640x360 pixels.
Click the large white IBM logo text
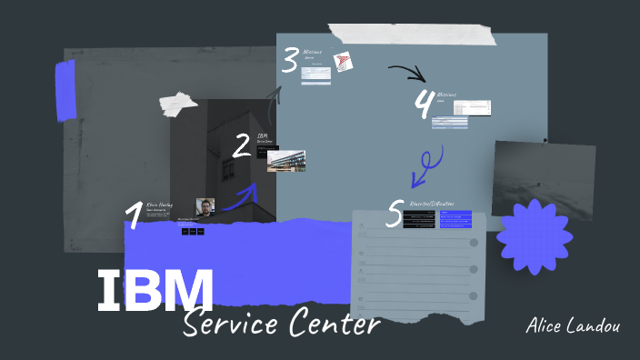tap(155, 290)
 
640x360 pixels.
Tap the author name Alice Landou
tap(574, 325)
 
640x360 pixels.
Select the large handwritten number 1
tap(134, 216)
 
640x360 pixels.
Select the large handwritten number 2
tap(241, 145)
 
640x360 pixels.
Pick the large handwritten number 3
tap(290, 62)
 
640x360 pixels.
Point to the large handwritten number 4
tap(423, 105)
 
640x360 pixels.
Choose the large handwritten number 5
tap(394, 214)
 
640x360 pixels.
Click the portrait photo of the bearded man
tap(206, 207)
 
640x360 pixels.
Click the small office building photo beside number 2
tap(286, 161)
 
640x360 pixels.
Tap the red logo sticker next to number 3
tap(343, 62)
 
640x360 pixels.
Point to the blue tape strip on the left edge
tap(65, 91)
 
